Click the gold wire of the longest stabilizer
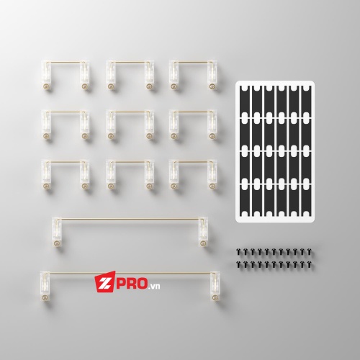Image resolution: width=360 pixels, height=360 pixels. tap(131, 273)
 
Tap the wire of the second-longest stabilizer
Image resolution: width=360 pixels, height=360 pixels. tap(130, 219)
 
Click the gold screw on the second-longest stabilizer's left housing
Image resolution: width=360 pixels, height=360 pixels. tap(57, 243)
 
